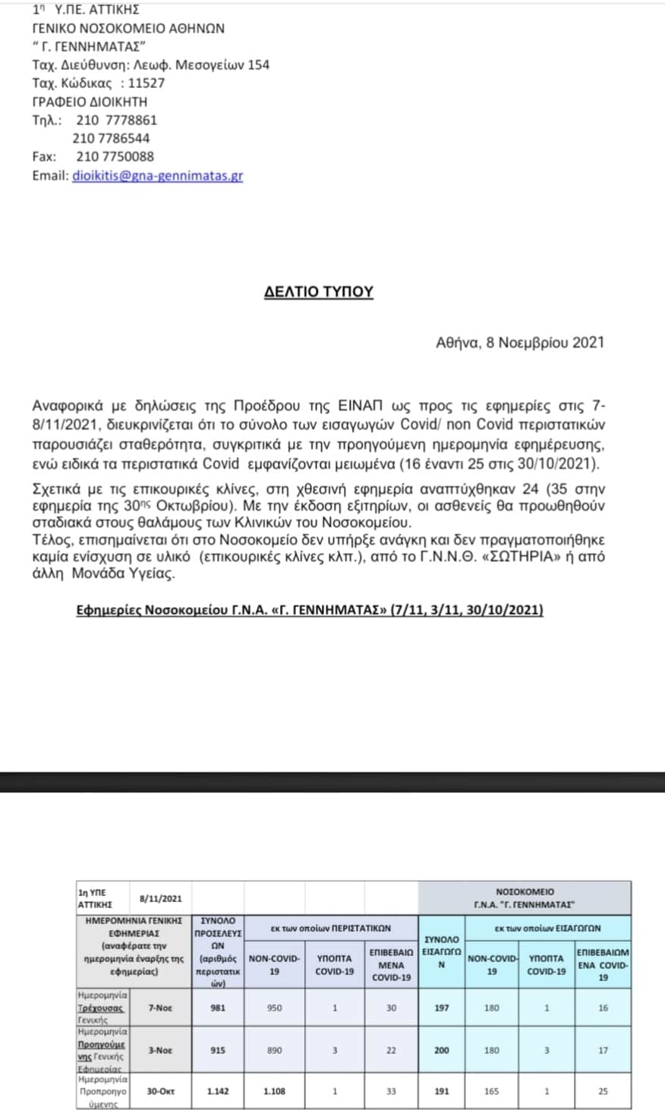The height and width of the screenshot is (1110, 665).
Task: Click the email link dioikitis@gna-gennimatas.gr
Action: (x=158, y=175)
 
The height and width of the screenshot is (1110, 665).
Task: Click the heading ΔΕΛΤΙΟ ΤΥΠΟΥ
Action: (x=318, y=291)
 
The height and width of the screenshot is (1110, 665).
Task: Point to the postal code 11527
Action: (x=146, y=83)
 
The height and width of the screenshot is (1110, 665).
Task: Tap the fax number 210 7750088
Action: (x=115, y=156)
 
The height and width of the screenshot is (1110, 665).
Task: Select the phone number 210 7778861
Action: (x=116, y=120)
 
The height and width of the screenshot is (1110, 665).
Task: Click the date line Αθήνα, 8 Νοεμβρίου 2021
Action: (x=520, y=342)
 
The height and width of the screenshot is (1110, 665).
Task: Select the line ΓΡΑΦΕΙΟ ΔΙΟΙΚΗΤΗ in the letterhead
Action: (x=90, y=102)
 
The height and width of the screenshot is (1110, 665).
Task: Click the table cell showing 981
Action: (x=218, y=1008)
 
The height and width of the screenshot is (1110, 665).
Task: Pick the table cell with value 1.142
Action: (x=218, y=1091)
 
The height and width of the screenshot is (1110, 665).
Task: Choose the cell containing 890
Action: (x=274, y=1050)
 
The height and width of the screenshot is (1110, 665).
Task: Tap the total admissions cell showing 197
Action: (x=441, y=1008)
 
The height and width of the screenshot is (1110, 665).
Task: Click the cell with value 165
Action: (x=492, y=1091)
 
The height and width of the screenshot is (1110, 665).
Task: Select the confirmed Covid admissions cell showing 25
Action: (x=603, y=1091)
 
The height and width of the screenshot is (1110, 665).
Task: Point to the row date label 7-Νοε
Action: (x=160, y=1008)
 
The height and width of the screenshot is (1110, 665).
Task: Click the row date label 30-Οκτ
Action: (x=160, y=1091)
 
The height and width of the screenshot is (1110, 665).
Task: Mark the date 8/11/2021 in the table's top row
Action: (x=161, y=898)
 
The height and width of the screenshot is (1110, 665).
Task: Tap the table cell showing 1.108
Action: (x=274, y=1091)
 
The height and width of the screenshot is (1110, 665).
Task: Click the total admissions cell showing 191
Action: (x=441, y=1091)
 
